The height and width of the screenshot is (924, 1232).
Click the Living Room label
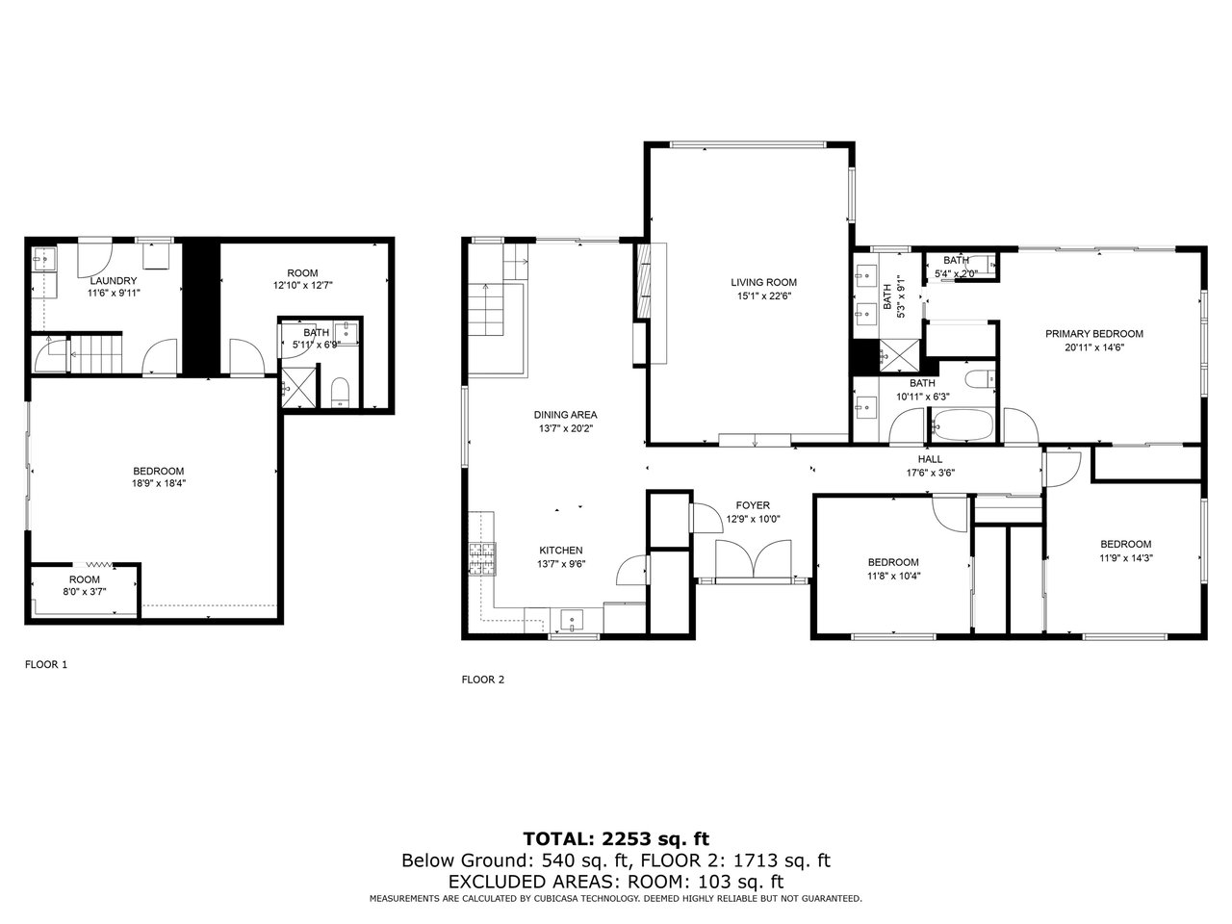(763, 282)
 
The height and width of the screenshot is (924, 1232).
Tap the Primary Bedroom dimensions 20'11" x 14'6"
(1094, 347)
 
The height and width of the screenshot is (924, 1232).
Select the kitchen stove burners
(483, 559)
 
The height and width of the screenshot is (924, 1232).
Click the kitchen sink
(572, 621)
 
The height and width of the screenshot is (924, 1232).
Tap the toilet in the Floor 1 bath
(340, 392)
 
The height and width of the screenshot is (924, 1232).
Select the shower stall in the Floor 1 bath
(298, 387)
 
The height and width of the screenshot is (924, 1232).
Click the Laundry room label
(114, 280)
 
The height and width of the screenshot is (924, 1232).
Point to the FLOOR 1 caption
(46, 665)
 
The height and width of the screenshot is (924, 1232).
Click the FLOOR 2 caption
(483, 680)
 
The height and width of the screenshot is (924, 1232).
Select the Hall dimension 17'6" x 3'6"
(930, 473)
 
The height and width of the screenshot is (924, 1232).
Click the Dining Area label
(565, 415)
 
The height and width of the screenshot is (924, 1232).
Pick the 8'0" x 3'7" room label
(85, 591)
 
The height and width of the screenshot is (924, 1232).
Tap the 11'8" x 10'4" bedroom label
(893, 575)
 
